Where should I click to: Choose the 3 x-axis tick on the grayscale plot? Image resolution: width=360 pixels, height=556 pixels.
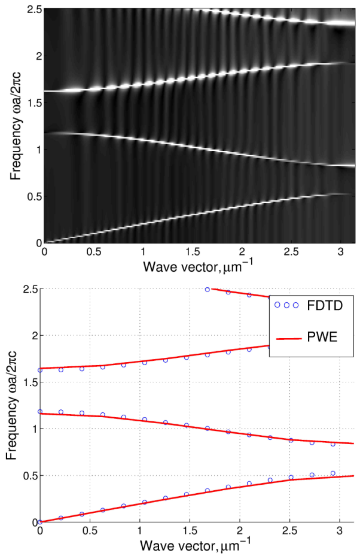(x=341, y=252)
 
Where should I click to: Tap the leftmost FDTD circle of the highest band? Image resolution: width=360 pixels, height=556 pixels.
(x=208, y=289)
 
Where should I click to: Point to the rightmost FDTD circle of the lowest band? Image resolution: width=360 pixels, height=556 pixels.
(x=332, y=473)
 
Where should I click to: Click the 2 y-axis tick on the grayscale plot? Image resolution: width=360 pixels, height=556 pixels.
(x=36, y=56)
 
